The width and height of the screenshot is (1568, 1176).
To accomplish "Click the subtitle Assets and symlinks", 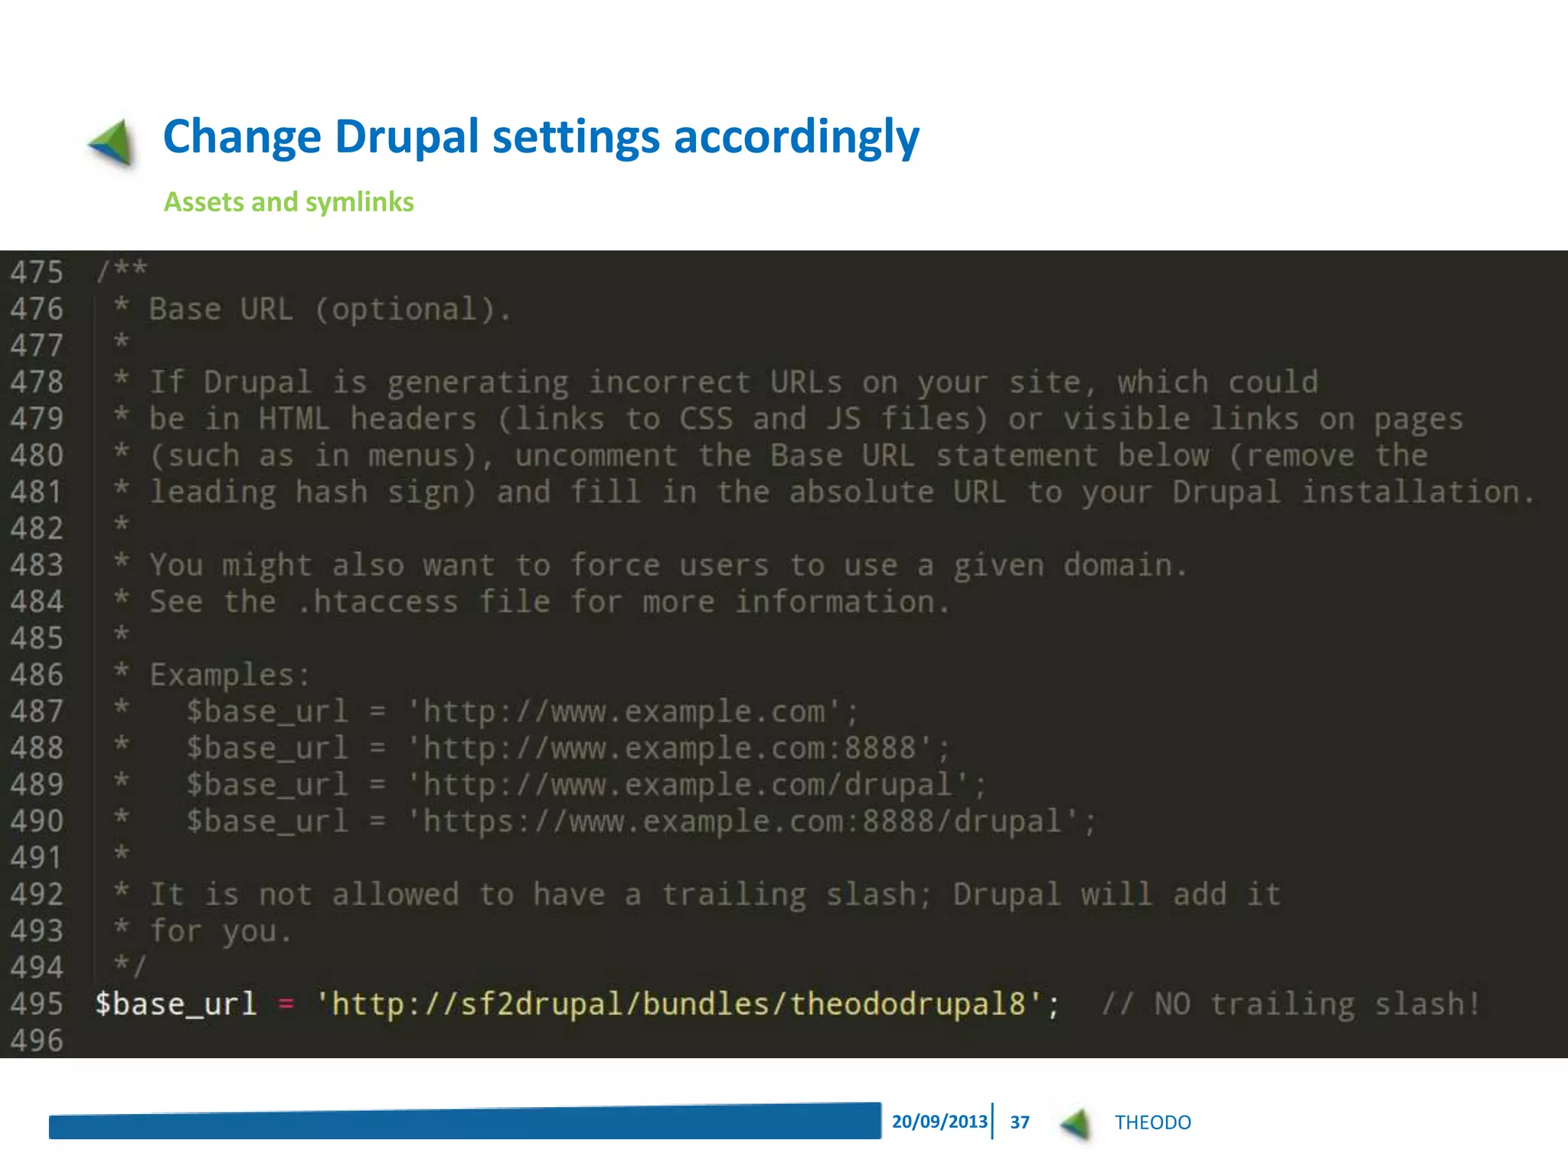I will (289, 202).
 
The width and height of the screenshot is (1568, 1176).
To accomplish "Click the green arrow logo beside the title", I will (113, 142).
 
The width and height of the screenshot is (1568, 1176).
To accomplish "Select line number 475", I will (36, 273).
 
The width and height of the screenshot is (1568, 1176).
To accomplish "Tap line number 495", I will (36, 1004).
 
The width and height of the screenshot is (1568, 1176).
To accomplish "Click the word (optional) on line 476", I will (412, 309).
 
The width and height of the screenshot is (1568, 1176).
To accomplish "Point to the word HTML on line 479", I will (293, 419).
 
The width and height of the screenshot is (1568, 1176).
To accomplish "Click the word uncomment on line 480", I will (596, 456).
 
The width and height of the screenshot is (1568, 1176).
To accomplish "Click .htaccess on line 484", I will (377, 602).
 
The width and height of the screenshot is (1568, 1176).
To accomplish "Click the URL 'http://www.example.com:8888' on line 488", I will (678, 748).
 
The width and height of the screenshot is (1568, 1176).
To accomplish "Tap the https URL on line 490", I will (751, 822).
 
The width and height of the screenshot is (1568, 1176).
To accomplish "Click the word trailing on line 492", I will (733, 894).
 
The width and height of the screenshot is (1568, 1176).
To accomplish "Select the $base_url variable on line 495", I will (175, 1004).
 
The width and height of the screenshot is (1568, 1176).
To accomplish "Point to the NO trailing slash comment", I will (1290, 1004).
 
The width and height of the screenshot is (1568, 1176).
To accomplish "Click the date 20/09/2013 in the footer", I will (939, 1122).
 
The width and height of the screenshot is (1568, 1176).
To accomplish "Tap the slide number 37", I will (1019, 1122).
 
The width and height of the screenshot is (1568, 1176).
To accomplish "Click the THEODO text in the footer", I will (1152, 1122).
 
